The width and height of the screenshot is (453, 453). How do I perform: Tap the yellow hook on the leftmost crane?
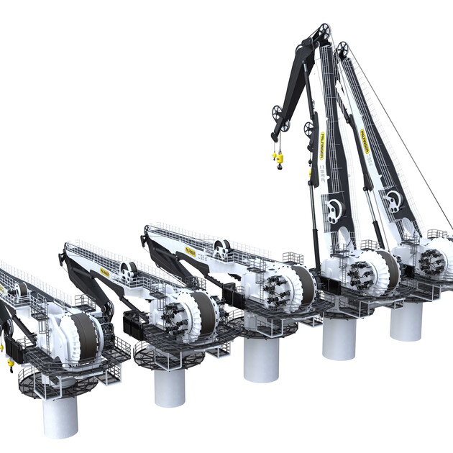point(10,365)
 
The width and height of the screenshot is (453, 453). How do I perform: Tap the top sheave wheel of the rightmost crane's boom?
point(343,49)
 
